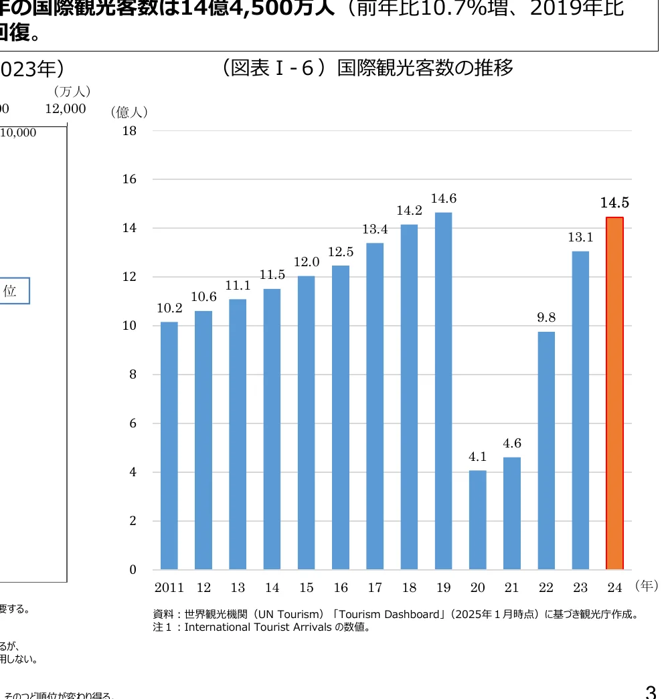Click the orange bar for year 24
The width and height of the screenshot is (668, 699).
pos(614,393)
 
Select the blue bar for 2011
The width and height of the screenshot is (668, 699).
pos(169,445)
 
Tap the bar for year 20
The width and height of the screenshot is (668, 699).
pos(477,520)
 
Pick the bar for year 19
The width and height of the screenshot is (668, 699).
pos(443,391)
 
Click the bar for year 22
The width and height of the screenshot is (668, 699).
pos(546,450)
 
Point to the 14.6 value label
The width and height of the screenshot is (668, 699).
pos(443,199)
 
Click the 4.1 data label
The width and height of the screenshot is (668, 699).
pos(477,457)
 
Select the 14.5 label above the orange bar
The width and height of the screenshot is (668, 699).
pos(614,203)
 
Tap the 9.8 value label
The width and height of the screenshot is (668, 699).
pos(546,318)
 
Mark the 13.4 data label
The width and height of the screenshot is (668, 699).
pos(375,229)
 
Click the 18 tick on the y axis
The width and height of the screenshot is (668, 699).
pos(129,131)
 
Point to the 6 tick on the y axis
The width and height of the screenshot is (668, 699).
pos(133,423)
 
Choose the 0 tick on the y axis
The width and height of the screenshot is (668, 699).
pos(133,570)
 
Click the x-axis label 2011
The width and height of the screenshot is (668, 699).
pos(169,588)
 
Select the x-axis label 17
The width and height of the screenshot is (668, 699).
pos(375,588)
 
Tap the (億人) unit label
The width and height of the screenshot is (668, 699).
pos(129,112)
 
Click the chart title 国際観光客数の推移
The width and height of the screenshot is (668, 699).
pos(426,68)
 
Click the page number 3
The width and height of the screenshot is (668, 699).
pos(650,690)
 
